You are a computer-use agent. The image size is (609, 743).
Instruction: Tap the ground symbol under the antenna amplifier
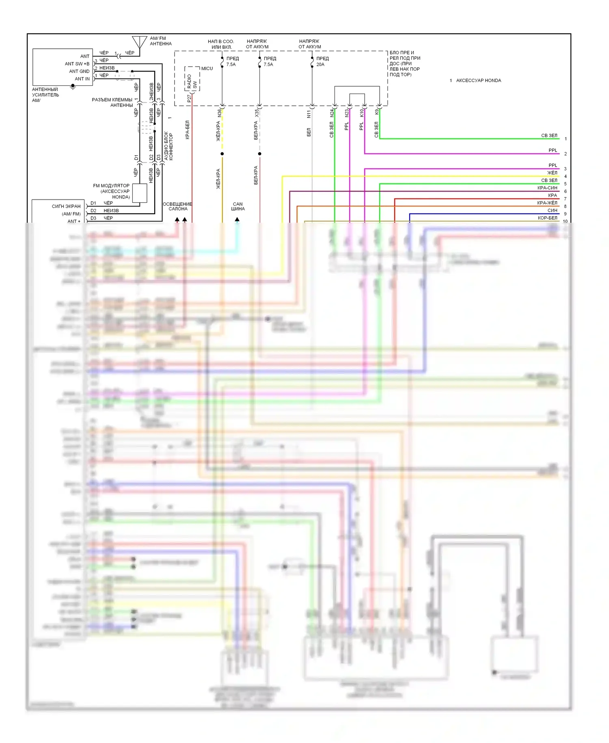coord(73,87)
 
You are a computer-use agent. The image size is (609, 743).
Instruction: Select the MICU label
coord(207,68)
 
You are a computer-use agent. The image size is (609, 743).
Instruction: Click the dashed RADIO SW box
coord(192,79)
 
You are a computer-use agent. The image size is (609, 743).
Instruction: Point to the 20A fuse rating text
coord(320,65)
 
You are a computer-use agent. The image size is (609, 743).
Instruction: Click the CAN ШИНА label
coord(238,206)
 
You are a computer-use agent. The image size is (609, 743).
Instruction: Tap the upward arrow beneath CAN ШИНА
coord(237,219)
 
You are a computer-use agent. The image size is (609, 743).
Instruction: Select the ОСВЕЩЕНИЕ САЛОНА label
coord(177,206)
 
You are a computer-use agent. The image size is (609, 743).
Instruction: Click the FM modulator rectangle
coord(140,193)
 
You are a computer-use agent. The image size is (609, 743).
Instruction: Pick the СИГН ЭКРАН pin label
coord(66,206)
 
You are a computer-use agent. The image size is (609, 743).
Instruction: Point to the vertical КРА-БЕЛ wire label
coord(187,130)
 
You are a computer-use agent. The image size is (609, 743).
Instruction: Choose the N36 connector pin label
coord(219,113)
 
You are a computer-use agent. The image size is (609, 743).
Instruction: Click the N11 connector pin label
coord(309,114)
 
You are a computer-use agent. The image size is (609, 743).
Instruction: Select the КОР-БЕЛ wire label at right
coord(547,218)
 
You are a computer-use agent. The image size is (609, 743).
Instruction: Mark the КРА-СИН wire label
coord(547,188)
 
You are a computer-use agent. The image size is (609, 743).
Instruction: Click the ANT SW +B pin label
coord(77,64)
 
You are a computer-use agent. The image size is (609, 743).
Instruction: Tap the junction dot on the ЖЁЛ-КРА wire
coord(222,154)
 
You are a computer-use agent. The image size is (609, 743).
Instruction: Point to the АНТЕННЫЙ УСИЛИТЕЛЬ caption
coord(45,92)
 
